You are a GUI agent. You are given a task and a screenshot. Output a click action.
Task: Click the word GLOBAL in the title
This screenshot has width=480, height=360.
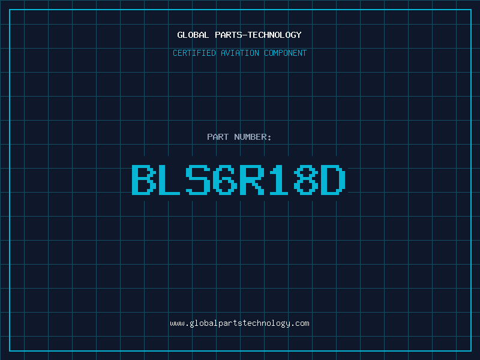[x=193, y=35]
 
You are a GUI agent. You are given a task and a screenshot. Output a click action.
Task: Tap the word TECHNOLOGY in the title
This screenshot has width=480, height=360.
[x=275, y=35]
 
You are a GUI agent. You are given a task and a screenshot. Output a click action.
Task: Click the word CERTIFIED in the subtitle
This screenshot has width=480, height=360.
[x=194, y=53]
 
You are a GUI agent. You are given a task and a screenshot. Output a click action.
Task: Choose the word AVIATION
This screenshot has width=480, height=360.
[x=240, y=53]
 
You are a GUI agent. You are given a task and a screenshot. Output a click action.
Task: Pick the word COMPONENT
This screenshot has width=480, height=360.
[x=286, y=53]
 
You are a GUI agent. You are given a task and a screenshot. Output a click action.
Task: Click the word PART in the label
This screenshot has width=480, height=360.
[x=218, y=137]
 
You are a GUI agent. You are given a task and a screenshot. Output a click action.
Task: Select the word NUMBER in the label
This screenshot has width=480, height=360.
[x=250, y=137]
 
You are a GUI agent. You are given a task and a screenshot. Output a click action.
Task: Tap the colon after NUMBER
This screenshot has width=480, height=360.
[x=269, y=138]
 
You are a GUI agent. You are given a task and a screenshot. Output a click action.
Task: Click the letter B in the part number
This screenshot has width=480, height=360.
[x=143, y=179]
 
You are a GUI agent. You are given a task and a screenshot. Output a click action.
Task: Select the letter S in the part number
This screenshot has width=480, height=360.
[x=198, y=179]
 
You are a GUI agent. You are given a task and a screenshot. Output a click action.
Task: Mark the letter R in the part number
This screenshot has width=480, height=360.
[x=252, y=179]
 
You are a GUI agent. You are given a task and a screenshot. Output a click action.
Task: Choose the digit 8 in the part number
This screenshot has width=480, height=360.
[x=306, y=179]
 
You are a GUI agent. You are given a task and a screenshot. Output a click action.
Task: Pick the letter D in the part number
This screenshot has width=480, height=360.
[x=333, y=179]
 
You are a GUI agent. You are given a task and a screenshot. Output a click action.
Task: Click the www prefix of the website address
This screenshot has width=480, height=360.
[x=178, y=323]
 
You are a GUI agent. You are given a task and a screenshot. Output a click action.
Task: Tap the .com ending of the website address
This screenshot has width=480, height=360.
[x=302, y=323]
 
